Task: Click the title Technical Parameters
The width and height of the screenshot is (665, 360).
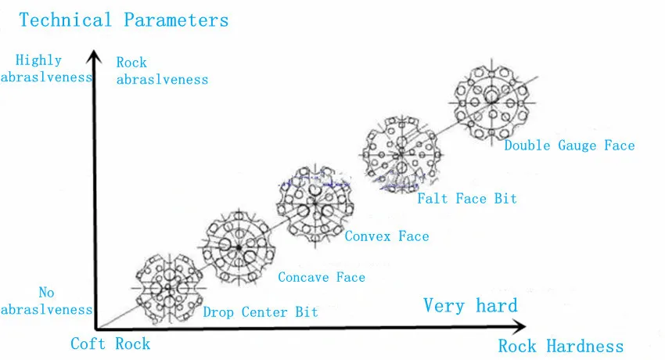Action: (x=124, y=20)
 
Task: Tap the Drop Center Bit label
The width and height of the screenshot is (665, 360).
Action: (x=261, y=312)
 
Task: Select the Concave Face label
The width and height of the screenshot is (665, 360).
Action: (x=322, y=277)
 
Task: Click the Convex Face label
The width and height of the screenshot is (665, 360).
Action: (x=386, y=236)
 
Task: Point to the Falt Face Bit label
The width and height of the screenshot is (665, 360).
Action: (x=466, y=199)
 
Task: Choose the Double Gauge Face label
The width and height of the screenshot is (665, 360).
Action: (x=569, y=145)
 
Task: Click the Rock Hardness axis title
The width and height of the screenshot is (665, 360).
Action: (x=560, y=346)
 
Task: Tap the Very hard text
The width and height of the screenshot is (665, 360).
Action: (x=470, y=305)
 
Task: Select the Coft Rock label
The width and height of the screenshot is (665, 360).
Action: (x=110, y=344)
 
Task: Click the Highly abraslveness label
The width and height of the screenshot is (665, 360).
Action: (x=46, y=68)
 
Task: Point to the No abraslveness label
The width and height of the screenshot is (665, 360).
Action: (x=46, y=301)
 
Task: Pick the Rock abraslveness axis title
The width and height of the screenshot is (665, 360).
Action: (x=162, y=70)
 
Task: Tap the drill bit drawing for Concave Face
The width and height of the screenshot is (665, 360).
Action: (x=238, y=247)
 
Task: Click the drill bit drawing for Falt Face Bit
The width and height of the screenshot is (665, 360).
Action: (x=400, y=153)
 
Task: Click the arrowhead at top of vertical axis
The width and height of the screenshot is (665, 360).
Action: (x=95, y=55)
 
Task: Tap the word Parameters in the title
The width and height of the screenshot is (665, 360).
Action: (x=176, y=20)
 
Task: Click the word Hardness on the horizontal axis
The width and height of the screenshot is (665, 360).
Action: (x=585, y=346)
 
